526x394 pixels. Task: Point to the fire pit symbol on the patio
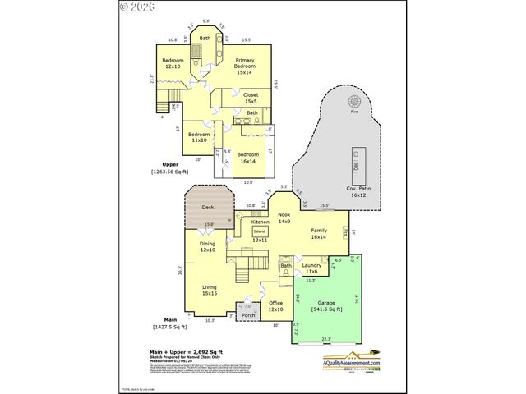[355, 102]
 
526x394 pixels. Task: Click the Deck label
[208, 208]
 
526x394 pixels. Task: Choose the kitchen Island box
[260, 231]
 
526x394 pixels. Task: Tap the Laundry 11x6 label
[311, 268]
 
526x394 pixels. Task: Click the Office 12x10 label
[275, 306]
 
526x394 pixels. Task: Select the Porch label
[248, 315]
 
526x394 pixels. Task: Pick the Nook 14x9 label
[284, 218]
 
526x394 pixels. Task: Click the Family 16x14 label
[318, 234]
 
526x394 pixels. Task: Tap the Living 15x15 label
[210, 290]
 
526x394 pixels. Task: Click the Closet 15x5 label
[250, 98]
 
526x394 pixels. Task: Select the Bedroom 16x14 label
[247, 158]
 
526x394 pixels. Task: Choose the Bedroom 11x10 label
[199, 138]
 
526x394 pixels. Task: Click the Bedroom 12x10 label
[173, 64]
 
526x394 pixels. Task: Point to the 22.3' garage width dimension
[325, 339]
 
